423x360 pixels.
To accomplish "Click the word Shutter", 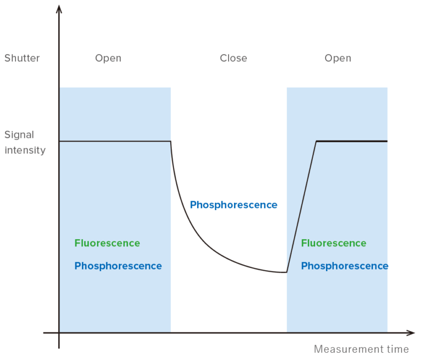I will (x=22, y=58).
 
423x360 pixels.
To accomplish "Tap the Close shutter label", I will (x=233, y=58).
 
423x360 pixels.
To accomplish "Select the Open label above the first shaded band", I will (x=108, y=58).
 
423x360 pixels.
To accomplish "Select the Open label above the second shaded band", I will (x=338, y=58).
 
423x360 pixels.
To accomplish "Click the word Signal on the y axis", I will (x=19, y=135).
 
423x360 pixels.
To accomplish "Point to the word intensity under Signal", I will (x=25, y=150).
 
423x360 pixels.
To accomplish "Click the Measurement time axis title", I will (x=361, y=349).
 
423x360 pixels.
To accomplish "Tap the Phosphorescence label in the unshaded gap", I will (x=234, y=205).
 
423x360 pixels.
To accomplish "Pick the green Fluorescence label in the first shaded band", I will (x=107, y=243).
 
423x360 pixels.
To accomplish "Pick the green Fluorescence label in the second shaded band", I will (x=333, y=243).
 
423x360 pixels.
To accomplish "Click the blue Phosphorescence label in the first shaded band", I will (x=118, y=266).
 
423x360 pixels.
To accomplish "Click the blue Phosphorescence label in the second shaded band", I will (x=344, y=266).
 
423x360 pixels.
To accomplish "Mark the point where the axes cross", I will (x=59, y=333).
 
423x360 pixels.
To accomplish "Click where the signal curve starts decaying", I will (x=171, y=142).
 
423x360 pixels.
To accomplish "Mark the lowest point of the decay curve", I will (x=286, y=272).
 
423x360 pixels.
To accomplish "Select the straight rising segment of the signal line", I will (x=301, y=207).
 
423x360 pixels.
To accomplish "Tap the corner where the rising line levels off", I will (x=316, y=142).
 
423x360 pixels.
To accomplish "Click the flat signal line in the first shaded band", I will (x=115, y=142).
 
